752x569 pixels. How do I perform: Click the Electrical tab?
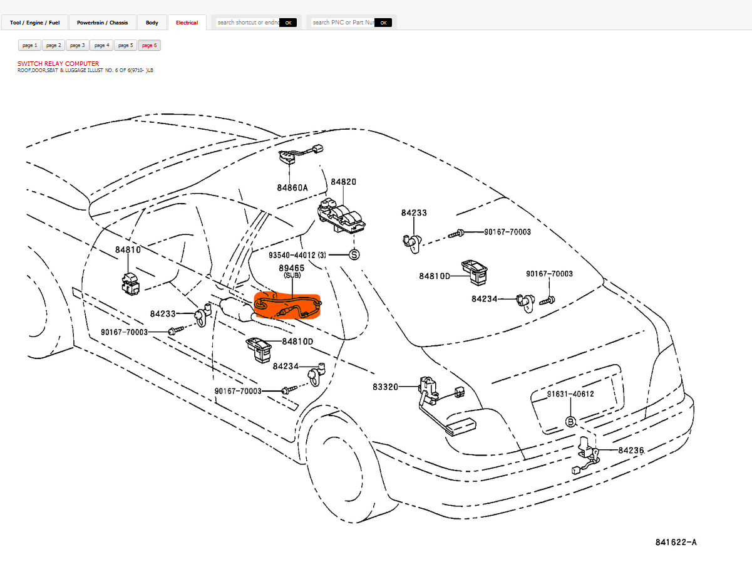pyautogui.click(x=187, y=23)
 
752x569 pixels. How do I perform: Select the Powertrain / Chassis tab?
pyautogui.click(x=102, y=23)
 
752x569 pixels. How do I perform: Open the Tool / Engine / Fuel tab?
pyautogui.click(x=34, y=23)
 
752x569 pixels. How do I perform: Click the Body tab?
pyautogui.click(x=152, y=23)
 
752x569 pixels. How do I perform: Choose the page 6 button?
pyautogui.click(x=149, y=45)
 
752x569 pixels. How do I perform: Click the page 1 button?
pyautogui.click(x=29, y=45)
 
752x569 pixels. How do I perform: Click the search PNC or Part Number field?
pyautogui.click(x=343, y=23)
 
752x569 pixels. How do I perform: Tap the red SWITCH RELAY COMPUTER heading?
pyautogui.click(x=58, y=63)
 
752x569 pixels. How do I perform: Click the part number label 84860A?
pyautogui.click(x=292, y=187)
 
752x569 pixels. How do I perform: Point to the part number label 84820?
pyautogui.click(x=343, y=182)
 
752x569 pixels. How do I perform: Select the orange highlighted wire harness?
pyautogui.click(x=287, y=306)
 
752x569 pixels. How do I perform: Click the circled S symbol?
pyautogui.click(x=354, y=255)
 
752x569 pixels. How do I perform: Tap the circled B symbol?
pyautogui.click(x=570, y=421)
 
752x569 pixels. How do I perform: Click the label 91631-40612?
pyautogui.click(x=570, y=394)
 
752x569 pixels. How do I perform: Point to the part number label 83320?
pyautogui.click(x=385, y=387)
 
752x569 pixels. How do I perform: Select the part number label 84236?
pyautogui.click(x=631, y=450)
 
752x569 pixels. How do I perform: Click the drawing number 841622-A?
pyautogui.click(x=676, y=542)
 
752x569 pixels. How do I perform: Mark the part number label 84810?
pyautogui.click(x=128, y=249)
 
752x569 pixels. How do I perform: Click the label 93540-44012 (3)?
pyautogui.click(x=297, y=255)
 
